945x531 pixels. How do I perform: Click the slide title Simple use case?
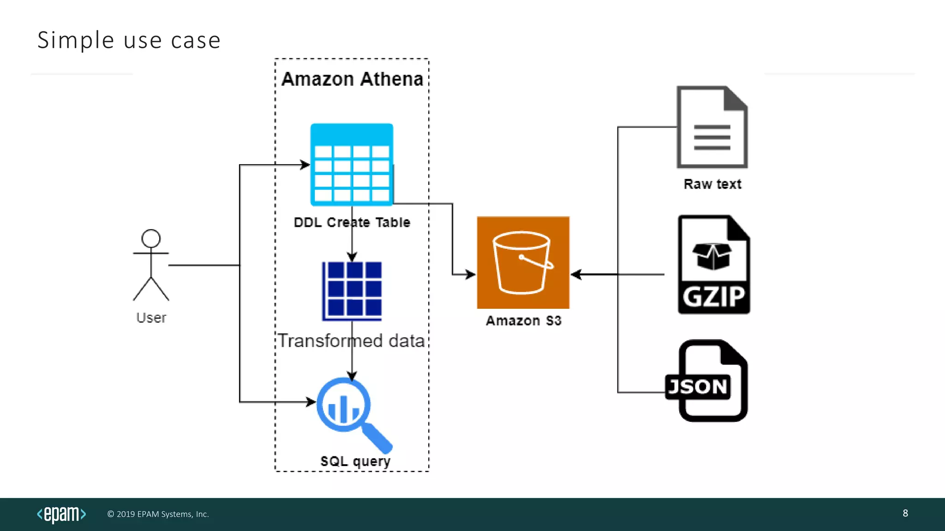pos(129,40)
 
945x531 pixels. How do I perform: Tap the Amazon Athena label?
pos(352,79)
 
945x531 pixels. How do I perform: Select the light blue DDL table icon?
pos(352,164)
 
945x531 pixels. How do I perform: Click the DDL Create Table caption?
pos(352,222)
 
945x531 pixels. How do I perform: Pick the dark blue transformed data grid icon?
pos(353,290)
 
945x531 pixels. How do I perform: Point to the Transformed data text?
pos(351,341)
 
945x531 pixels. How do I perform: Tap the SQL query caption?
pos(355,461)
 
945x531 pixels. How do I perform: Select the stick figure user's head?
pos(151,238)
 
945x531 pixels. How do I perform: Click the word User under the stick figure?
pos(151,318)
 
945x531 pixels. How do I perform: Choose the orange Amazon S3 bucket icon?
pos(523,262)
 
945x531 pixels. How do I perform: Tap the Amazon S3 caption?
pos(523,320)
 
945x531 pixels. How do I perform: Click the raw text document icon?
pos(712,127)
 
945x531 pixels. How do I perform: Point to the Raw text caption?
pos(712,184)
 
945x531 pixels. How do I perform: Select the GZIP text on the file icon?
pos(713,296)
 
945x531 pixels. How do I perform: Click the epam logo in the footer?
pos(61,514)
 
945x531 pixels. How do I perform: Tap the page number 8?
pos(905,513)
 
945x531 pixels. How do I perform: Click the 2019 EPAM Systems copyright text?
pos(158,514)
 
